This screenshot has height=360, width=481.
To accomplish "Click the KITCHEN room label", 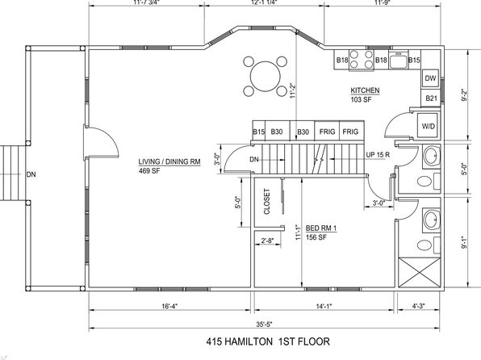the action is coord(365,90).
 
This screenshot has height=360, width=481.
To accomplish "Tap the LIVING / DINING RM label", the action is coord(169,161).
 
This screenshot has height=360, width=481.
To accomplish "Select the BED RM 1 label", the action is coord(321,228).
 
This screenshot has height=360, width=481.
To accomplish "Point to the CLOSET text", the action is coord(266,201).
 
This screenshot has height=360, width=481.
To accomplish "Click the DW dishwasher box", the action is coord(430,78).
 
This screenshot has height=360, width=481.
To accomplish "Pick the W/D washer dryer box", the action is coord(429,126).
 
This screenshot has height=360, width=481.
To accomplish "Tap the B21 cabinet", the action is coord(431,98).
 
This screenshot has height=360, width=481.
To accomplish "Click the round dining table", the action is coord(266,76).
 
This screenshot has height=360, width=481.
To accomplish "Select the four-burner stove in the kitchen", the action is coord(362,60).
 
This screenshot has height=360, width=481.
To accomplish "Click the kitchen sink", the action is coord(398,60).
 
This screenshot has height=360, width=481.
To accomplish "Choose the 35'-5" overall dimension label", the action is coord(265,324).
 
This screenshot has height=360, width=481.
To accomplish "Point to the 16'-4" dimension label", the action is coord(169,306).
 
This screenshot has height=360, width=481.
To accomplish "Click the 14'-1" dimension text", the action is coord(324,306).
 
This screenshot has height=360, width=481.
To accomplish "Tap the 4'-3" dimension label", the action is coord(418,306).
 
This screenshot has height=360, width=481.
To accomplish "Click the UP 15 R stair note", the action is coord(378,155).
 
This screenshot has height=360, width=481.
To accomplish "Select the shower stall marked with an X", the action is coord(420,273).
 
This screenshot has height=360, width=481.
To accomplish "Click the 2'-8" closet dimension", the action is coord(267,241).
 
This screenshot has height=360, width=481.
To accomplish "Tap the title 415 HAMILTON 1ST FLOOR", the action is coord(268,341).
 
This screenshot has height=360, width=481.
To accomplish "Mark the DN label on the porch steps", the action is coord(31,174).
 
